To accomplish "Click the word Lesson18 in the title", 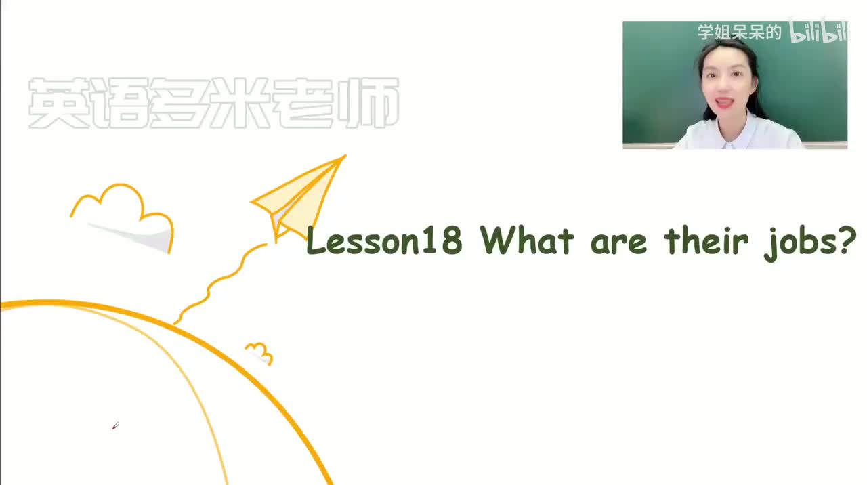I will [x=384, y=241].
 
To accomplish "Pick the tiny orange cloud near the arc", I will [x=259, y=353].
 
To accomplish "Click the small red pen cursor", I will [x=115, y=426].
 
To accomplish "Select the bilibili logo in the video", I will [x=818, y=33].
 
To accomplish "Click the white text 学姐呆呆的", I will [x=740, y=32].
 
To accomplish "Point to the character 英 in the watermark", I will [x=57, y=104].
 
